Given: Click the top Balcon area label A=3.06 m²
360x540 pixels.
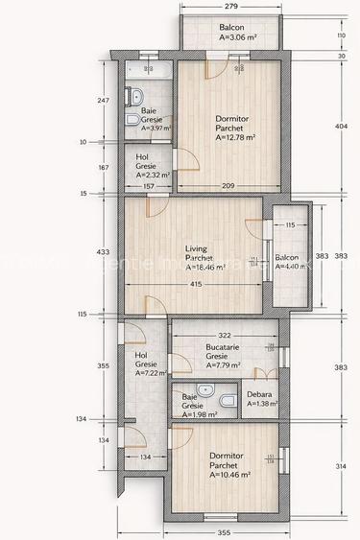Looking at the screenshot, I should (x=230, y=38).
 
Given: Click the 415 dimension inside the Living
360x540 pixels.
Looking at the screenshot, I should (x=196, y=284).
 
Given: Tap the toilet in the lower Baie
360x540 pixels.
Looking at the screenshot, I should (x=226, y=400).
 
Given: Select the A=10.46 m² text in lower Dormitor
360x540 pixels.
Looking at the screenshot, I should (x=230, y=474).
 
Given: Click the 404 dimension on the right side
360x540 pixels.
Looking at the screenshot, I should (x=340, y=127).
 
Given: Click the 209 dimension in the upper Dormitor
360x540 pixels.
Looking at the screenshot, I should (x=228, y=185).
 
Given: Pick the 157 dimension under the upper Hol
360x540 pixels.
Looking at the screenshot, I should (x=148, y=185).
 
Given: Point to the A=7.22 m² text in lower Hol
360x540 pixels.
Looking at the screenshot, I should (x=152, y=373).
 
